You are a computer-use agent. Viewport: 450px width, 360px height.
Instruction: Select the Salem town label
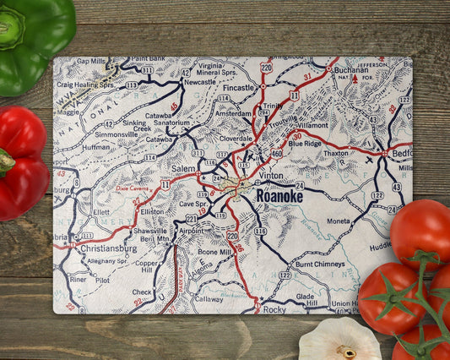coord(183,169)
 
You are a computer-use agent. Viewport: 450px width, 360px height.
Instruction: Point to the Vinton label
coord(271,175)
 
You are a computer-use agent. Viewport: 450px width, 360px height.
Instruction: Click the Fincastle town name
coord(239,88)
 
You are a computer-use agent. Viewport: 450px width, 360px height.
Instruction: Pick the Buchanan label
coord(351,70)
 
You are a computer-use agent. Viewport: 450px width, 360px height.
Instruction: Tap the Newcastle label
coord(201,83)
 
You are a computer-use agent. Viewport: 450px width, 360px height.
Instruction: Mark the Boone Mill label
coord(214,252)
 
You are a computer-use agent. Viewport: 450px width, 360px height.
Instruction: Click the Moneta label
coord(339,221)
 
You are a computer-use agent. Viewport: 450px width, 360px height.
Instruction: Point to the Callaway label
coord(209,298)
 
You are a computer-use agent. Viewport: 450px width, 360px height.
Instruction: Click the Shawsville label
coord(149,230)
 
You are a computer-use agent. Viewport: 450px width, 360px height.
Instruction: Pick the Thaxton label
coord(335,154)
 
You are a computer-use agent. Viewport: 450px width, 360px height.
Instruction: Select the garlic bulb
coord(339,340)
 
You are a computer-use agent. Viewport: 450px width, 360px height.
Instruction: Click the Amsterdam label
coord(234,113)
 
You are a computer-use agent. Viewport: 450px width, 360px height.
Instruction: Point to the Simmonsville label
coord(116,134)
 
